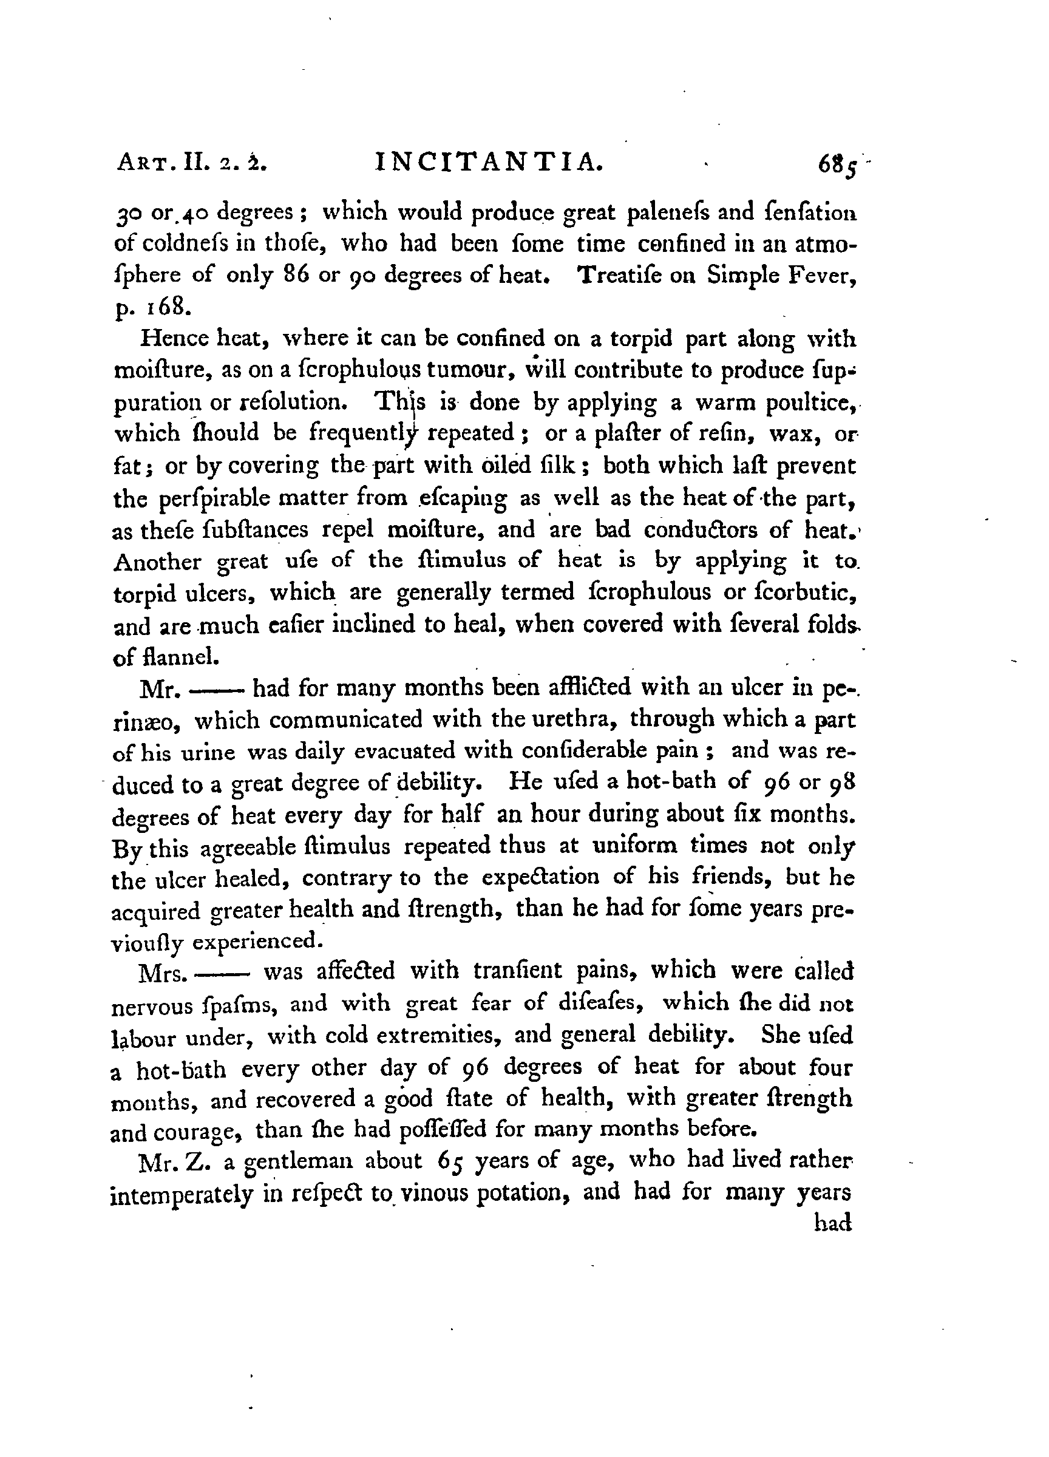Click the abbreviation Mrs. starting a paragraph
click(163, 973)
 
